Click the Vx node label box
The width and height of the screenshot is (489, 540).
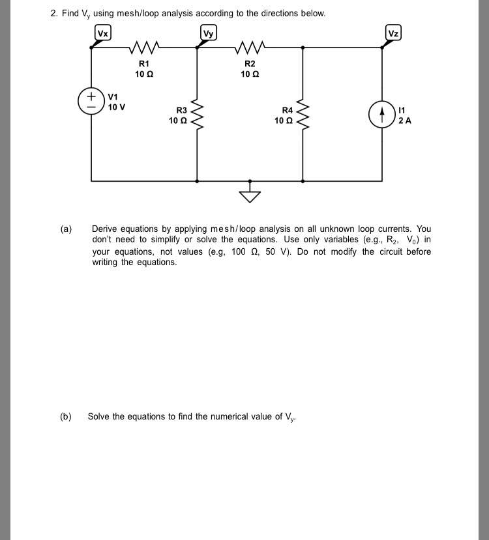click(x=103, y=33)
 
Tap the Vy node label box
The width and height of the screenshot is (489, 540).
click(x=208, y=33)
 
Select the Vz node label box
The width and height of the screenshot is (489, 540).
click(x=393, y=33)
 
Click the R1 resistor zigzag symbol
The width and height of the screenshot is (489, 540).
click(x=144, y=48)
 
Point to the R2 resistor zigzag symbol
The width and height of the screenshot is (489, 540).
click(x=250, y=48)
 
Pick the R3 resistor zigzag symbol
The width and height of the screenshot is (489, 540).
click(x=197, y=114)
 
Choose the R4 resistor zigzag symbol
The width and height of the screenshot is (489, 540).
click(x=303, y=114)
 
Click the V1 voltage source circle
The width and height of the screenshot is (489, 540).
click(x=91, y=101)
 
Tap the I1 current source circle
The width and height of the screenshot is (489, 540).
click(x=382, y=115)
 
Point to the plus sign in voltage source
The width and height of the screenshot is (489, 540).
click(x=91, y=96)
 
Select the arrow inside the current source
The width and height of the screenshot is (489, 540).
click(x=382, y=115)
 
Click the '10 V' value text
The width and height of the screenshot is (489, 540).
click(x=117, y=107)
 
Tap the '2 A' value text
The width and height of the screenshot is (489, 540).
click(x=405, y=121)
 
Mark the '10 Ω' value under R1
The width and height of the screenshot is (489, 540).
click(x=144, y=74)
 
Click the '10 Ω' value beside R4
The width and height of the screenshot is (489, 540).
click(x=283, y=121)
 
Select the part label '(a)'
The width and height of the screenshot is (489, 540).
click(x=66, y=229)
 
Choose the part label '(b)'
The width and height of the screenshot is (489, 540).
click(x=66, y=416)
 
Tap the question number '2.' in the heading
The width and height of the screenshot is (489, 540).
click(x=53, y=14)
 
